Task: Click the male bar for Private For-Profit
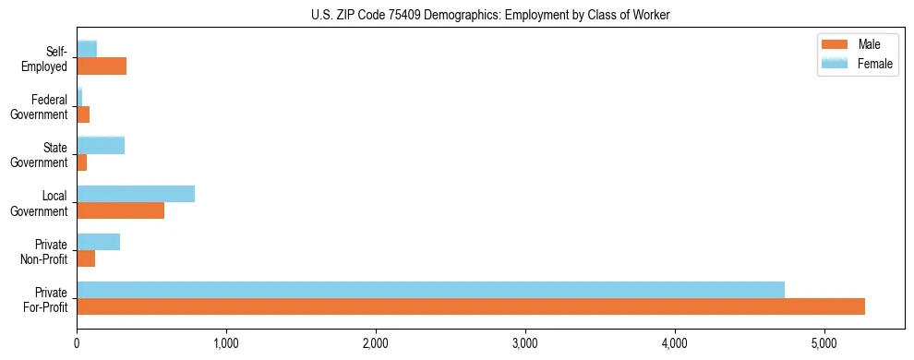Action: pos(471,306)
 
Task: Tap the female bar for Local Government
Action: pos(136,194)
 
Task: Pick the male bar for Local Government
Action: pos(120,210)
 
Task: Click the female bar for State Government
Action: pos(101,145)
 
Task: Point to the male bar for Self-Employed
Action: pos(102,66)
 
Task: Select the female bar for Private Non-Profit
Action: pos(98,242)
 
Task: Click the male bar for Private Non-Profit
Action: pos(86,258)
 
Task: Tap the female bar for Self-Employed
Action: pos(87,49)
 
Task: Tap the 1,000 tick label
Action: pos(226,343)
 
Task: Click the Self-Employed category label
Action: pos(45,58)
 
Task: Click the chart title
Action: pos(490,15)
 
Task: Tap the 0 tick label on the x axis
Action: pos(77,343)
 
